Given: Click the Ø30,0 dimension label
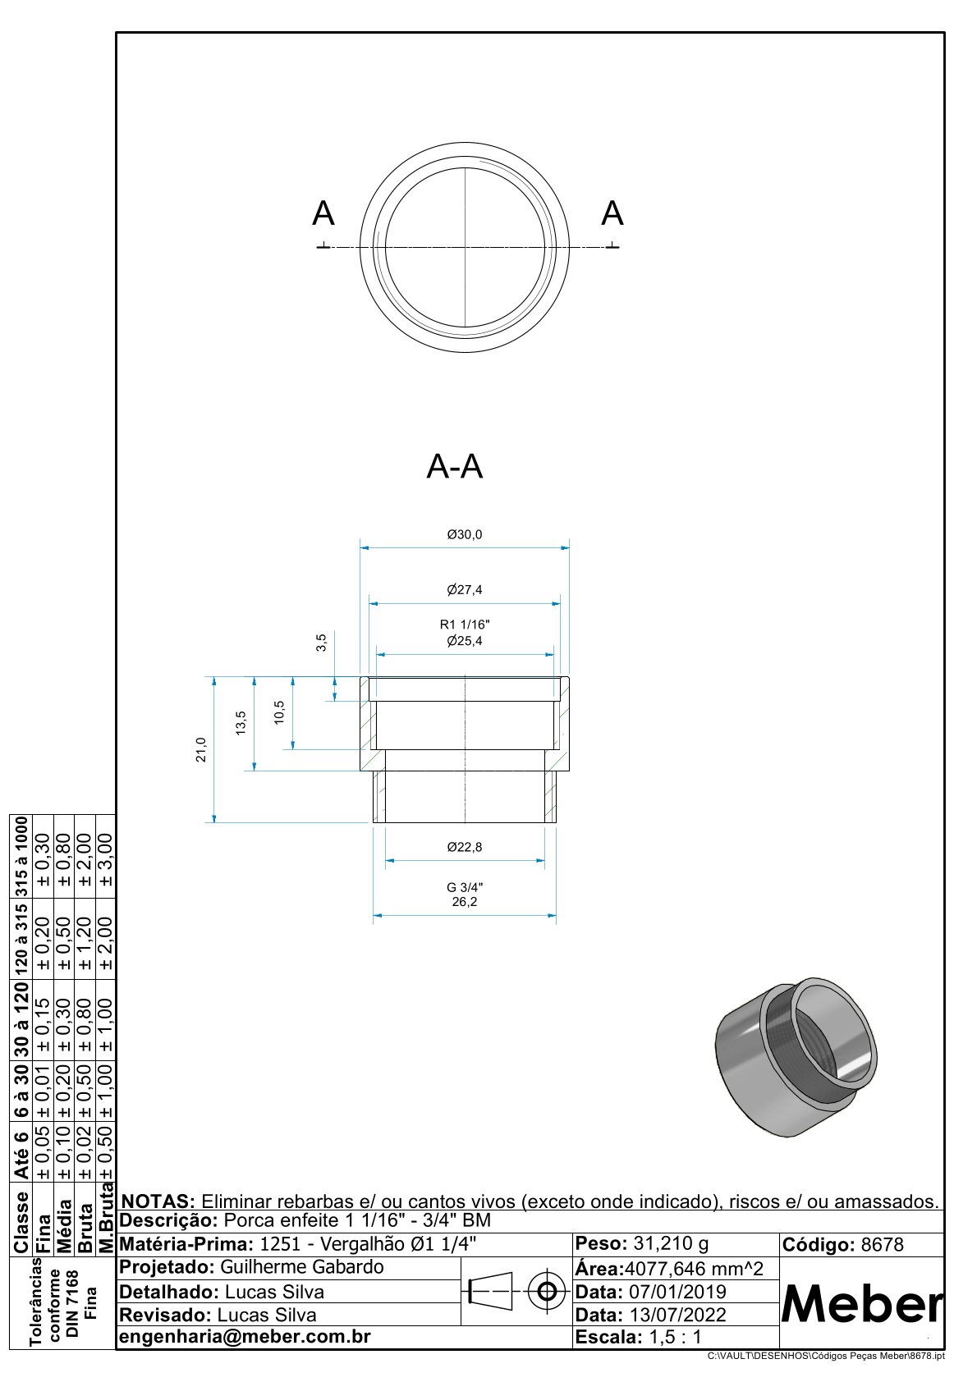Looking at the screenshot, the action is [x=464, y=534].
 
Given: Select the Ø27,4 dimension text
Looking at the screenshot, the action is [x=464, y=589].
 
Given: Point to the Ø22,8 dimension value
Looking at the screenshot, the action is [x=464, y=847].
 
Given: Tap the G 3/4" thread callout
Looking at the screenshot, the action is [x=464, y=887].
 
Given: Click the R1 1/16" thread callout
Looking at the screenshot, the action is [x=464, y=625].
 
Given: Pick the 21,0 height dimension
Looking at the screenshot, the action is [x=201, y=749].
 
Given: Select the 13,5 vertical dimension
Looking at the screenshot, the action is [x=241, y=722].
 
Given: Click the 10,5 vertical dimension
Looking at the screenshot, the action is [x=279, y=712].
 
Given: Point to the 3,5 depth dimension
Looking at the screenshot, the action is [x=321, y=643].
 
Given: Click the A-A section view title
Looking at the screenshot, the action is [x=454, y=466].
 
